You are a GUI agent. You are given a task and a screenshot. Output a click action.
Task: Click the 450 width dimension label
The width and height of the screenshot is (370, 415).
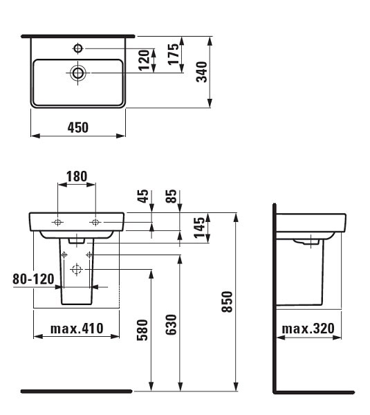click(78, 127)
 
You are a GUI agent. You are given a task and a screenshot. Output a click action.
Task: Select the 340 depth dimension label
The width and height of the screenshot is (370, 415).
click(202, 72)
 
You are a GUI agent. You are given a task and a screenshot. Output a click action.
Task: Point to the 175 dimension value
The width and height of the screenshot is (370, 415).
click(174, 54)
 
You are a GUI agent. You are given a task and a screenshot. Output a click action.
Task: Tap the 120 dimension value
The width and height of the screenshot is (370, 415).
click(145, 60)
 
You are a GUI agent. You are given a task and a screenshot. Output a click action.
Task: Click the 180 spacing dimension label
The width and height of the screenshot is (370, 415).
click(77, 176)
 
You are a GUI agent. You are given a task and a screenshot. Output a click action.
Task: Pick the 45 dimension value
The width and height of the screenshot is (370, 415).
click(143, 196)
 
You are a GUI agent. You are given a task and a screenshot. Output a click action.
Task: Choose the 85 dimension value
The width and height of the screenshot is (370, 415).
click(172, 196)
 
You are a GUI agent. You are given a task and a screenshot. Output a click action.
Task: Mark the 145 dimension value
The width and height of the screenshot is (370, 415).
click(199, 228)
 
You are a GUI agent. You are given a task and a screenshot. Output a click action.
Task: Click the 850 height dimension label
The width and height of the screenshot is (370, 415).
click(227, 302)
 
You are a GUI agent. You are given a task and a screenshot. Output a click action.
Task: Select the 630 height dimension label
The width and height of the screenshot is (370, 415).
click(172, 325)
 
